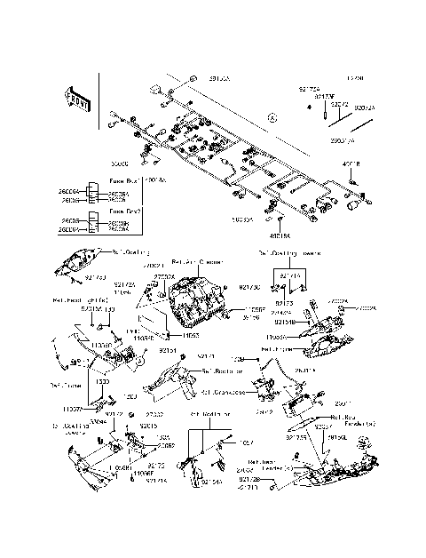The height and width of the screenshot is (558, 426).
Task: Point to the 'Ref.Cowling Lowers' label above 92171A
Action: tap(289, 252)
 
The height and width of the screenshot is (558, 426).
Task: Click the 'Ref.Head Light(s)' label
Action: tap(81, 299)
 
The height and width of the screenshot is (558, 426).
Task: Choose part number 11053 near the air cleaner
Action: tap(191, 338)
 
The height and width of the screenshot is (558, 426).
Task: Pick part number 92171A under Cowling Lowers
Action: tap(290, 277)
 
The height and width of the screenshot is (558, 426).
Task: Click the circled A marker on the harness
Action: tap(273, 116)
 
